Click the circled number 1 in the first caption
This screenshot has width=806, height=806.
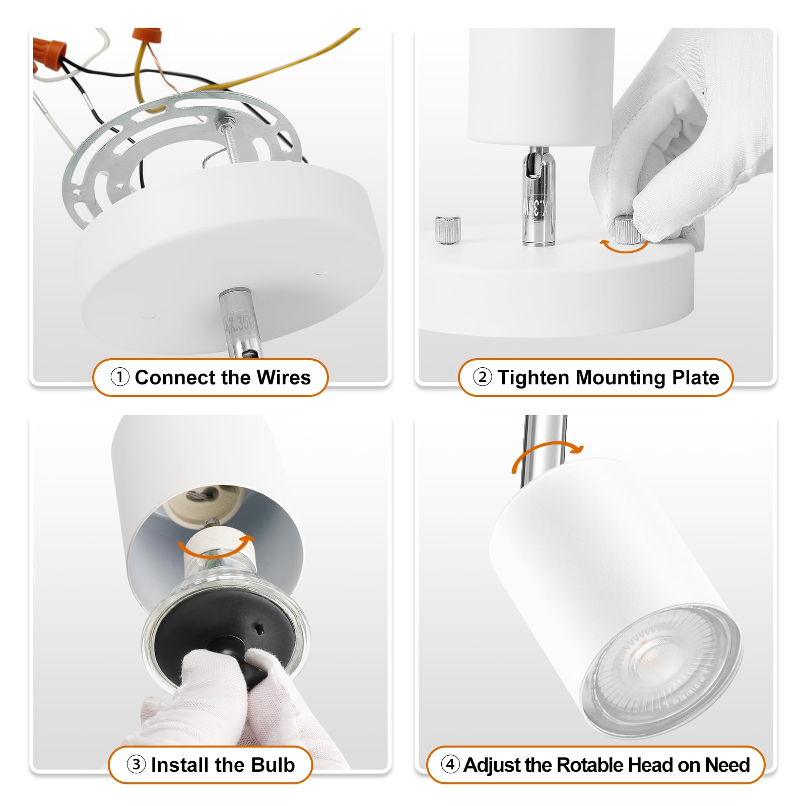click(x=120, y=377)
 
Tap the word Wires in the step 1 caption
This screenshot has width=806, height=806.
click(x=283, y=377)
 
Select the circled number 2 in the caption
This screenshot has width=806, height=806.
click(x=482, y=377)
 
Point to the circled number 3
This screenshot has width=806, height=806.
click(x=136, y=764)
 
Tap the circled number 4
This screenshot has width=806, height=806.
click(x=450, y=764)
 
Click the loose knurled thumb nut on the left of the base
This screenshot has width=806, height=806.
click(x=448, y=229)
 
